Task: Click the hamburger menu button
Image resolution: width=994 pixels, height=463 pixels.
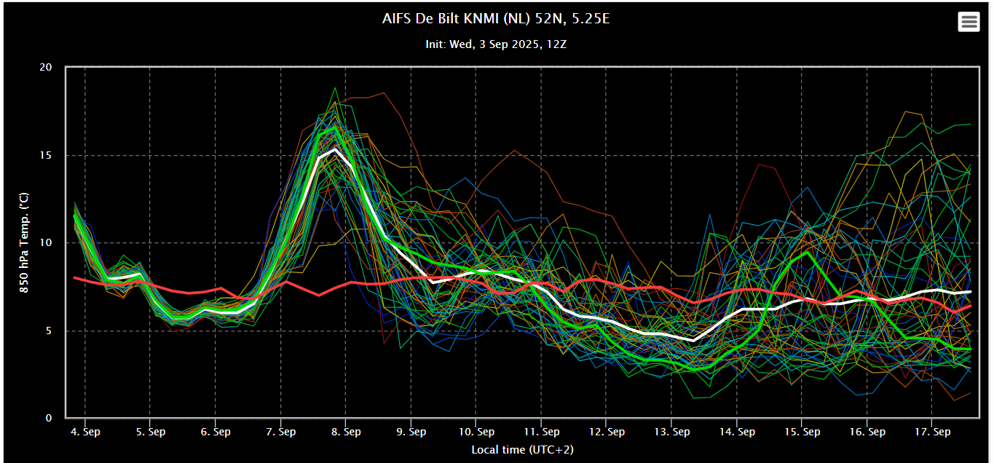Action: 969,22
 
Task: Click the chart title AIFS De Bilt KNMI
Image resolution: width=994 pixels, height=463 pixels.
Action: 496,19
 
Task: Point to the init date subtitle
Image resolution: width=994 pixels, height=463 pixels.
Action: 496,44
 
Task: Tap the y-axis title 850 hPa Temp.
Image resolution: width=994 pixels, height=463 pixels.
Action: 24,242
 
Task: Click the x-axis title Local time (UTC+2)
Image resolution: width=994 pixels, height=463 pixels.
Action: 522,449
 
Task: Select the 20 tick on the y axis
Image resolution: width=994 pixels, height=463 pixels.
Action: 46,68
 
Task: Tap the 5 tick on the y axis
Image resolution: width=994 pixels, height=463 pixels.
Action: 49,331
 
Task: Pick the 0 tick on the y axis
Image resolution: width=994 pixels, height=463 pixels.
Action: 49,419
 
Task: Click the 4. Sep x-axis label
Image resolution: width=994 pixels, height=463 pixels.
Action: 85,432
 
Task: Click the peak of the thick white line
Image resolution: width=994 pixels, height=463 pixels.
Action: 334,149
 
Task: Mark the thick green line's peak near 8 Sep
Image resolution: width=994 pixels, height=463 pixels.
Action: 335,127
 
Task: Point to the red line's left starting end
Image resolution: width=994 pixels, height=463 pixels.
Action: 75,277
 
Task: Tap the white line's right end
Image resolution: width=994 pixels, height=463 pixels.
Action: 971,291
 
